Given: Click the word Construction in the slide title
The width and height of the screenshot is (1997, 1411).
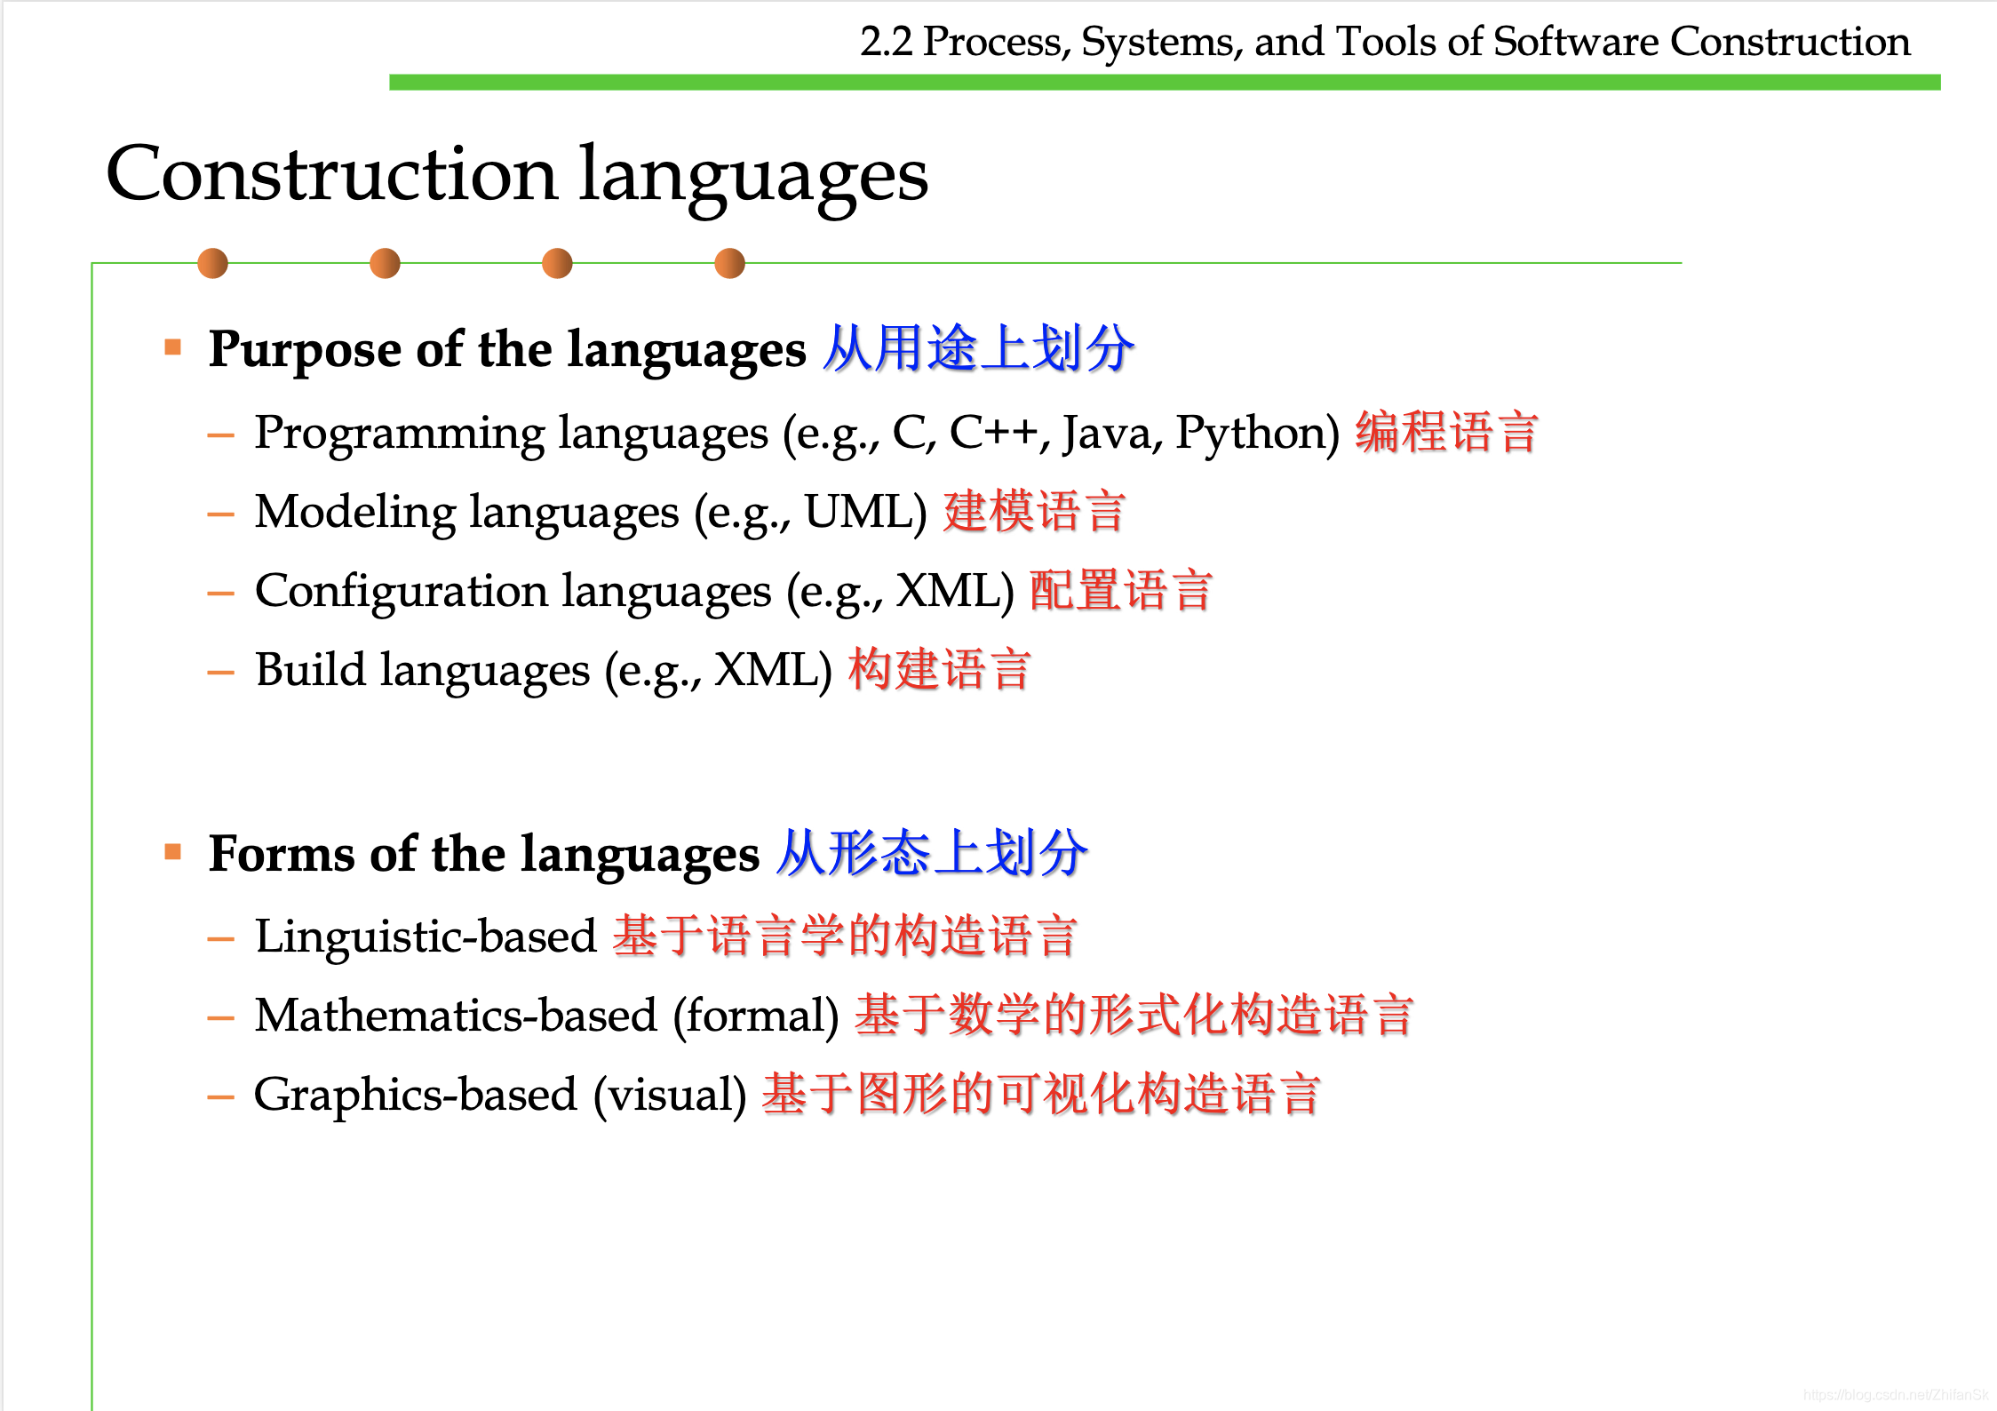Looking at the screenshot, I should click(331, 174).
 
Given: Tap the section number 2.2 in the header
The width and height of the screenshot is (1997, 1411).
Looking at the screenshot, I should click(886, 42).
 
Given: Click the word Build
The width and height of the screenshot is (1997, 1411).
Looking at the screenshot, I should click(310, 670).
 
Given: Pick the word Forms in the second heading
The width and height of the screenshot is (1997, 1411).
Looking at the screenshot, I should click(282, 855).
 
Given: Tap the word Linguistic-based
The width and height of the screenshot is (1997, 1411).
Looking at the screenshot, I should click(426, 937).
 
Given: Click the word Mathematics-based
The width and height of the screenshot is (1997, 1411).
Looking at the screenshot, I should click(456, 1016).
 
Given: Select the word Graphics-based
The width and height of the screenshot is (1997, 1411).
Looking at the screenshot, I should click(416, 1095).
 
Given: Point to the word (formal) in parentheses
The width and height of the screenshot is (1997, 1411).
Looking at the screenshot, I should click(756, 1016).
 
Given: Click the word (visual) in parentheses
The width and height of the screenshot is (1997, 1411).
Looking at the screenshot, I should click(670, 1095).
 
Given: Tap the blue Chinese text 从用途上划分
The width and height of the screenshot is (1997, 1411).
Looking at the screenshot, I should click(978, 348).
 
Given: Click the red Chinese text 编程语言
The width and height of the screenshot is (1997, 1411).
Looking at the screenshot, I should click(1446, 433).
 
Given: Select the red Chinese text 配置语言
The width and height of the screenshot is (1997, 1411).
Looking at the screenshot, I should click(1121, 591).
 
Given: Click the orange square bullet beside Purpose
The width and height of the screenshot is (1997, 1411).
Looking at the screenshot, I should click(173, 347).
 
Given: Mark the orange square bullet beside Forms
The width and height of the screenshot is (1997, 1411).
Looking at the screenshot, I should click(173, 853).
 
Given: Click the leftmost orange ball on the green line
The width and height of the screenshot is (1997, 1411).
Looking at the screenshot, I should click(213, 263).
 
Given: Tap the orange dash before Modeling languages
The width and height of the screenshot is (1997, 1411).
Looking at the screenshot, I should click(220, 514).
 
